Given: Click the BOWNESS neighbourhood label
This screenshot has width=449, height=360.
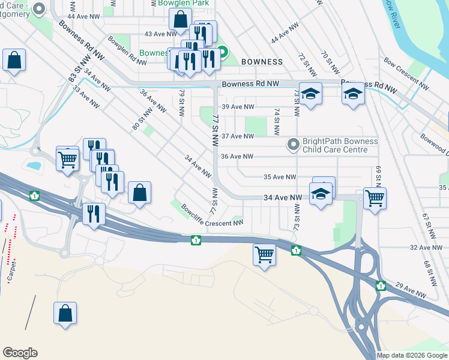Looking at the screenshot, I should coord(262,62).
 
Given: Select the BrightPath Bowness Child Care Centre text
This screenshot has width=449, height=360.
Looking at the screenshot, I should coord(340,145).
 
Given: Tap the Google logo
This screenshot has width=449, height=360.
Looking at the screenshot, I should coord(20,353).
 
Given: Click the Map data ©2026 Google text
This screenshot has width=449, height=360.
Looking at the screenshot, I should coord(412,355).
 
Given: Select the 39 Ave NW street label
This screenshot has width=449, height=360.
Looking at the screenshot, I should coord(238,107).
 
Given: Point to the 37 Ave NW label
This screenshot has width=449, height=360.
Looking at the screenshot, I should coord(238,136).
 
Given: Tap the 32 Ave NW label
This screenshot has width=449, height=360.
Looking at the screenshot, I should coord(425,247).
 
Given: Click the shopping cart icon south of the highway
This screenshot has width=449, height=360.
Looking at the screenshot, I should coord(264,254).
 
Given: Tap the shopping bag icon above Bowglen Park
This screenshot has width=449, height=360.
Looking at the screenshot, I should coord(180,19).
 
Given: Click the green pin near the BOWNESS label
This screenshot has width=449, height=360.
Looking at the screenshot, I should coord(223,53).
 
